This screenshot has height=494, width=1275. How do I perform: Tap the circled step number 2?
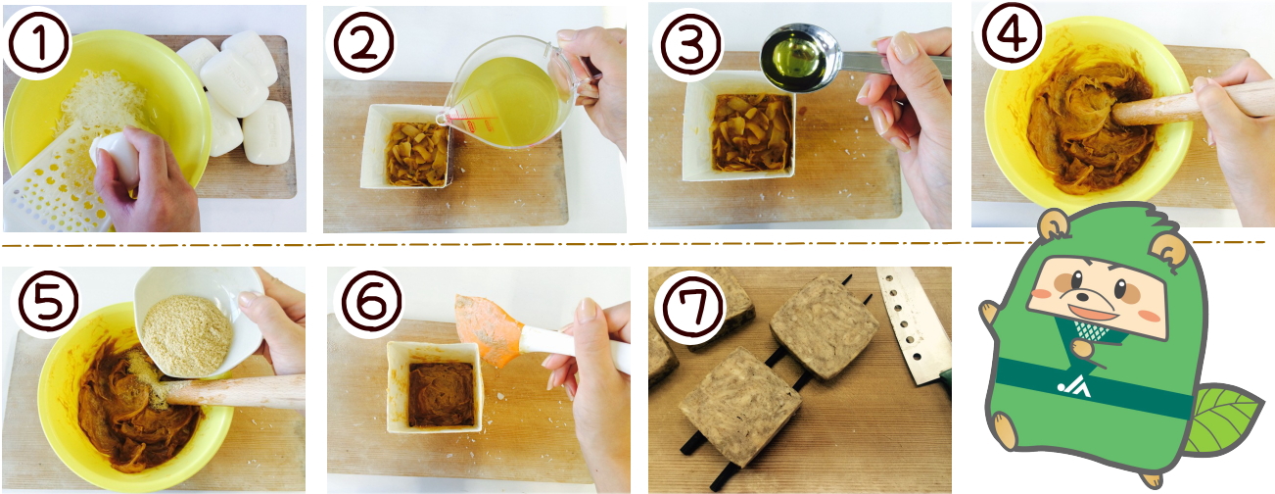click(x=363, y=44)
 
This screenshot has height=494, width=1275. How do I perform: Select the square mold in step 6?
click(x=435, y=387)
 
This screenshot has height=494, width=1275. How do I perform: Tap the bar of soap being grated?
click(x=116, y=160)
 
